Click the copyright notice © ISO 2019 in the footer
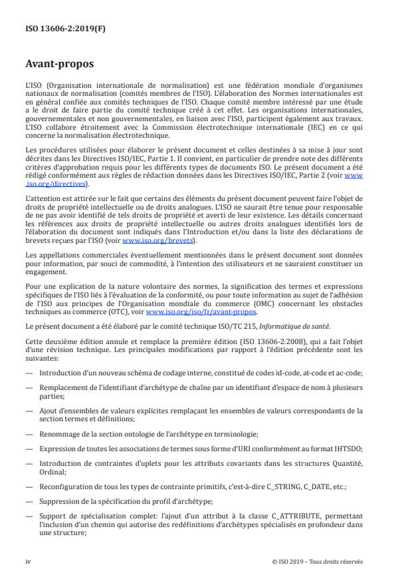click(x=318, y=560)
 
